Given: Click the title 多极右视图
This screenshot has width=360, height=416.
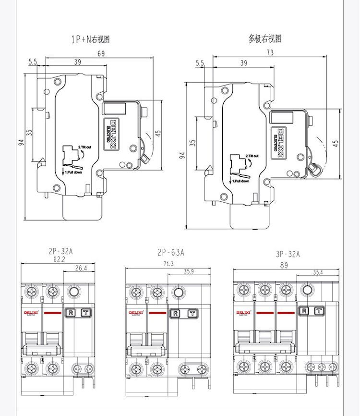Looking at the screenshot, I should [265, 39].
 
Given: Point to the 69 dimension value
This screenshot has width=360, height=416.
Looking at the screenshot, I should [101, 54].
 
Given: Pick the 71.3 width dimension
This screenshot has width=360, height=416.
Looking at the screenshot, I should [168, 264].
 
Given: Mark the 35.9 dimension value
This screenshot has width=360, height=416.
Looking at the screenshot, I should [189, 272].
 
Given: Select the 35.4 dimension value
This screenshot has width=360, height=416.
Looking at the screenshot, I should [317, 272].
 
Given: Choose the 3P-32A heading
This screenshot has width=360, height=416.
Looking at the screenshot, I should [287, 255].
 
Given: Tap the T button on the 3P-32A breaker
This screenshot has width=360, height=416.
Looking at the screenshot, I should [319, 311].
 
